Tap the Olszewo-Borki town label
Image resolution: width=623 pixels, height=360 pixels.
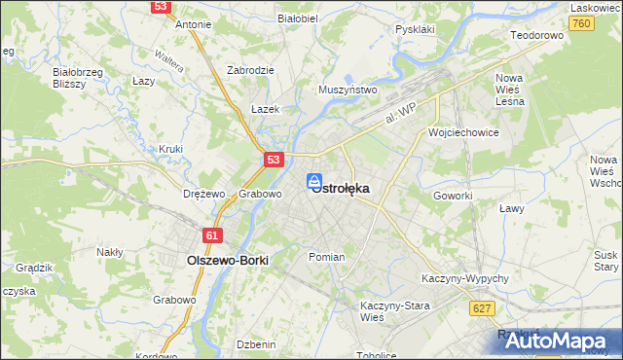[x=227, y=261]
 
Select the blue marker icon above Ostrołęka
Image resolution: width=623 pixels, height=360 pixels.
[x=314, y=181]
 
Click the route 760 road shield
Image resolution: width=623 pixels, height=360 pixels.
[x=582, y=23]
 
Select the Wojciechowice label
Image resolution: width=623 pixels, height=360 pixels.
[x=463, y=131]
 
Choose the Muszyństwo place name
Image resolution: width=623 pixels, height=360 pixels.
[x=348, y=90]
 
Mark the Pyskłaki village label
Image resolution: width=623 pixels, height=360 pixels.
[x=415, y=29]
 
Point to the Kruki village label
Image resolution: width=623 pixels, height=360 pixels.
[x=170, y=149]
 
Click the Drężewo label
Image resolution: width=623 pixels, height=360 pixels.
[x=204, y=194]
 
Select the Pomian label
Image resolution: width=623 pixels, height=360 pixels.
[x=326, y=257]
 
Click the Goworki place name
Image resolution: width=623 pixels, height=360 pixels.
[x=453, y=195]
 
